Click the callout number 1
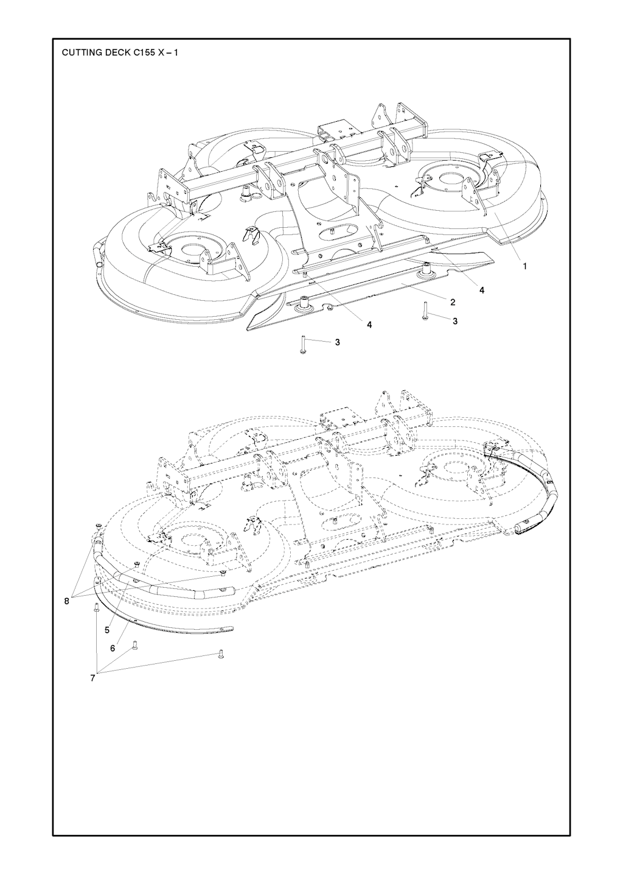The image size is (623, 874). point(524,266)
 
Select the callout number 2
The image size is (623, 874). point(452,302)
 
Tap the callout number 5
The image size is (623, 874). point(107,630)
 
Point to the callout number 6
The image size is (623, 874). point(113,648)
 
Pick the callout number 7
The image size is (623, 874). point(92,678)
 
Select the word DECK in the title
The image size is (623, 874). point(110,52)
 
